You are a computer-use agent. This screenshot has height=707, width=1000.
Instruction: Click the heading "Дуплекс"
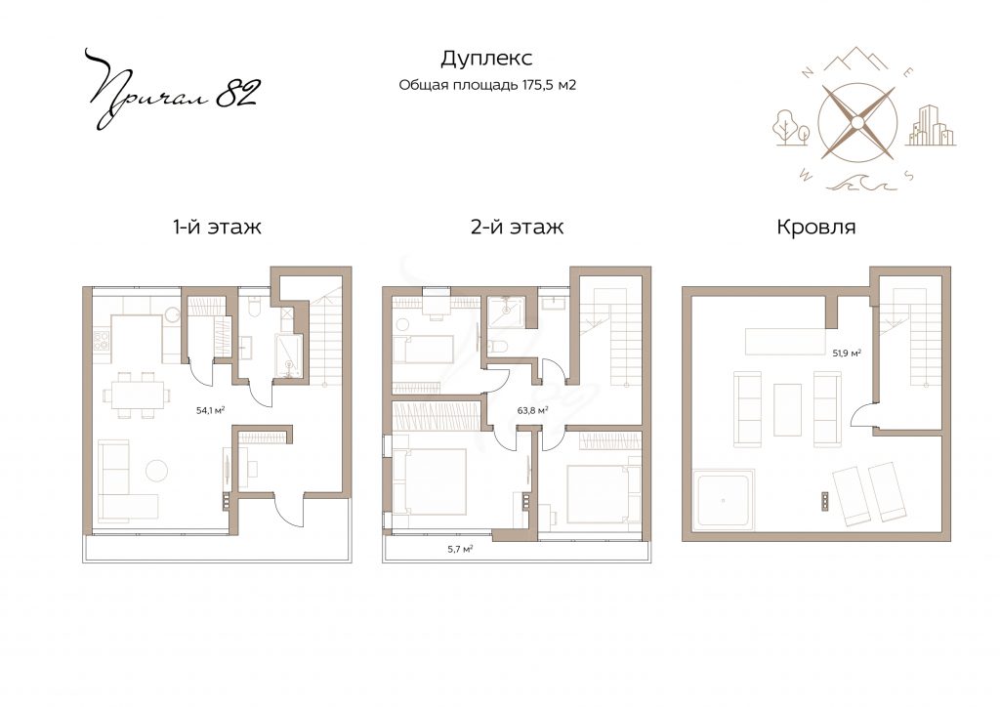pyautogui.click(x=486, y=59)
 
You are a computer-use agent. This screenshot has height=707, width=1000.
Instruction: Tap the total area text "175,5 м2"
pyautogui.click(x=549, y=85)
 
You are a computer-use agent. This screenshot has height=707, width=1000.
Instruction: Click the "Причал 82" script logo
pyautogui.click(x=171, y=88)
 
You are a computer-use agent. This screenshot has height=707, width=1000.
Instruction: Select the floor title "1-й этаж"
pyautogui.click(x=217, y=227)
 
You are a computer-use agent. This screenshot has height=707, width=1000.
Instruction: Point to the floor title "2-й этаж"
pyautogui.click(x=518, y=227)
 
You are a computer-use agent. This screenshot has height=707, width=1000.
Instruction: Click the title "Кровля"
pyautogui.click(x=815, y=228)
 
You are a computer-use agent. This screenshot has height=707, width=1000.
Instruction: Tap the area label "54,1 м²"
pyautogui.click(x=211, y=410)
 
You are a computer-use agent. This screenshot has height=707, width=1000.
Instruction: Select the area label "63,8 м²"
pyautogui.click(x=533, y=410)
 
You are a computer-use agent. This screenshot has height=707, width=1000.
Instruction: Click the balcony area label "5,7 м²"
pyautogui.click(x=460, y=548)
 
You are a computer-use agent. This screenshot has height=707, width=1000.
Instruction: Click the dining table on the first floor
pyautogui.click(x=137, y=395)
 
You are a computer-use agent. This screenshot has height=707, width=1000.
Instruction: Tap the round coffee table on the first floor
pyautogui.click(x=157, y=471)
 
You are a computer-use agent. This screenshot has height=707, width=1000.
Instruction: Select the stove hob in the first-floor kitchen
pyautogui.click(x=101, y=340)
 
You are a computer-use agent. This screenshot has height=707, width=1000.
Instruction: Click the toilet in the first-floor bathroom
pyautogui.click(x=254, y=308)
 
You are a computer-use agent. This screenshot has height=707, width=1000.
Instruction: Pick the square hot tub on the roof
pyautogui.click(x=724, y=499)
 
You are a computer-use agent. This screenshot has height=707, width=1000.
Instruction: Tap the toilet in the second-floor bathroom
pyautogui.click(x=497, y=347)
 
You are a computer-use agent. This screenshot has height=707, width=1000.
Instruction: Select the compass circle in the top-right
pyautogui.click(x=857, y=122)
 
